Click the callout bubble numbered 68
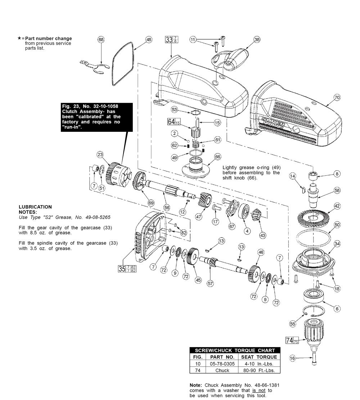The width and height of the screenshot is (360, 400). click(101, 39)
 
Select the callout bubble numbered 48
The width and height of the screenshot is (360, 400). click(149, 39)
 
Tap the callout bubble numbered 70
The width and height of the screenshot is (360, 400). click(337, 97)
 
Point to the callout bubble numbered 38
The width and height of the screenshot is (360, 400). click(257, 40)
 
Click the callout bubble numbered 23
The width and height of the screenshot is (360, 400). click(100, 154)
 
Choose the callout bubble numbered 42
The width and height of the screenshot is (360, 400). click(337, 206)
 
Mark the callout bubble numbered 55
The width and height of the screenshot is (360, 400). click(293, 324)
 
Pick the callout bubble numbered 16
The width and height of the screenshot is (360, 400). click(293, 358)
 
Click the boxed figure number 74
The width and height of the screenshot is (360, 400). click(289, 340)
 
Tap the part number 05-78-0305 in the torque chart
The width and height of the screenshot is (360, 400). click(222, 364)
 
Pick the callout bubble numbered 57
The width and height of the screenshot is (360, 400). click(210, 283)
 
